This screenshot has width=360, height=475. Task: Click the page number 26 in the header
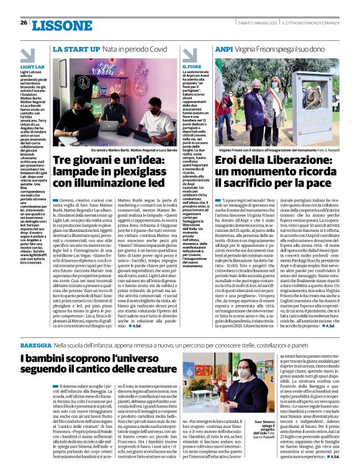23,23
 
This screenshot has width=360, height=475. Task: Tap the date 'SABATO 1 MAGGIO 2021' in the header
252,23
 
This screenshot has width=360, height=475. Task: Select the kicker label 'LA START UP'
73,49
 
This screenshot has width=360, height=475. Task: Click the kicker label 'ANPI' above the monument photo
223,49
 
